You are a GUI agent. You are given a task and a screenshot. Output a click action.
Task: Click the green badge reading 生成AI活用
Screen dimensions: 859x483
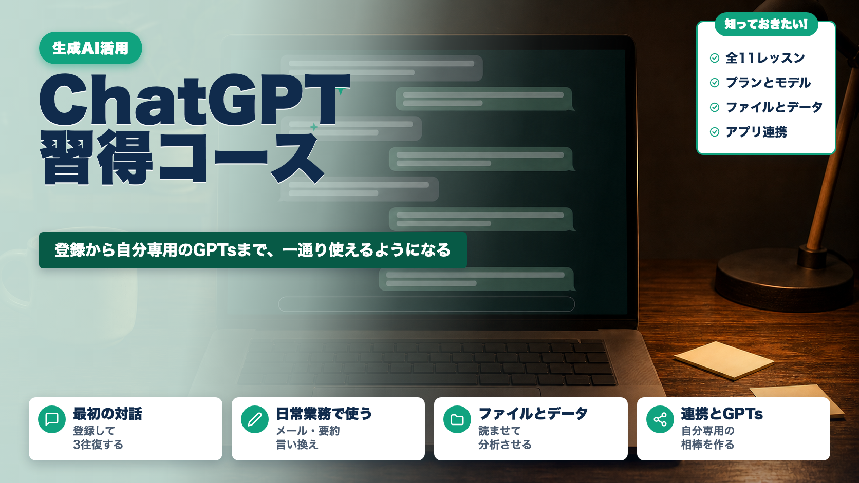[90, 48]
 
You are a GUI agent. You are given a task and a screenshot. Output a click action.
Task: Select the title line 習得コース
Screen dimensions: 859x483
[182, 158]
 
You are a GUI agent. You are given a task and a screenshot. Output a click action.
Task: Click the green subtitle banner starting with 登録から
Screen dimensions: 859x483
[253, 250]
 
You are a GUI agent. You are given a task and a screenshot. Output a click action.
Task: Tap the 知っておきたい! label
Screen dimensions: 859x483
[766, 24]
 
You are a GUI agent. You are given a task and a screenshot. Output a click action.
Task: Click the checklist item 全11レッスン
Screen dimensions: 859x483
[765, 58]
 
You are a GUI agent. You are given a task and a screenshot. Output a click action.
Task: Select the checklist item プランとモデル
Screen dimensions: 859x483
[768, 82]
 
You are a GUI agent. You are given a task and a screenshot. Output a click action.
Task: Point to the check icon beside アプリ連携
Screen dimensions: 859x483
[715, 132]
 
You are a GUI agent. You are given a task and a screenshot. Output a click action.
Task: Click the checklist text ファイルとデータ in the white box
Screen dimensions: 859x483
[774, 107]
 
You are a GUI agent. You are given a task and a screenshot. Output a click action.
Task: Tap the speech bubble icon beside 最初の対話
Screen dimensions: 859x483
[52, 419]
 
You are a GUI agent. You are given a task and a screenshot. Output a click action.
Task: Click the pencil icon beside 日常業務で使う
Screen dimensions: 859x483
[255, 419]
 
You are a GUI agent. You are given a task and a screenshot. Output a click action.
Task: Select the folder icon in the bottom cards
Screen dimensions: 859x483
[457, 419]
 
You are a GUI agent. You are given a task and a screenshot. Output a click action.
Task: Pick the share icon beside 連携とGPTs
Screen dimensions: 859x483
[660, 419]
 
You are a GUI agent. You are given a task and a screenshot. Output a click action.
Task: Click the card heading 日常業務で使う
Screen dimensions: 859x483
[324, 414]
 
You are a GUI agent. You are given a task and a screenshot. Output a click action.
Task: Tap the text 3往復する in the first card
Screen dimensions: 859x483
[98, 445]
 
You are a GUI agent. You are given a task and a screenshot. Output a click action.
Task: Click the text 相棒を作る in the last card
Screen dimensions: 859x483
[707, 445]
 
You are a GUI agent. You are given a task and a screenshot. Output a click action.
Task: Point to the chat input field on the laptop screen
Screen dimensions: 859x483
[426, 304]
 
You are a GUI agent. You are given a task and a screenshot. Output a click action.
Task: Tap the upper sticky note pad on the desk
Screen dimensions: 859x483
[724, 360]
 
